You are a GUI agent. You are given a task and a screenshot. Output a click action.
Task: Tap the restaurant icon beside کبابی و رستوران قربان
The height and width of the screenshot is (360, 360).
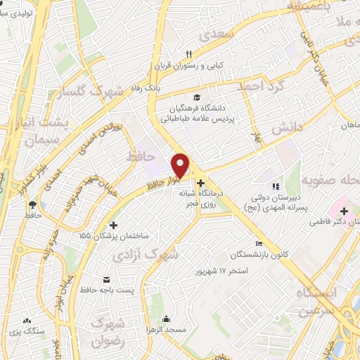(x=188, y=54)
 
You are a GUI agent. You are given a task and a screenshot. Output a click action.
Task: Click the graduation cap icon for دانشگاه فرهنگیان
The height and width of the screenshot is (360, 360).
(x=198, y=98)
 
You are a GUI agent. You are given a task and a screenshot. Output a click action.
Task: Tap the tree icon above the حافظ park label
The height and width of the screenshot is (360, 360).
(x=32, y=205)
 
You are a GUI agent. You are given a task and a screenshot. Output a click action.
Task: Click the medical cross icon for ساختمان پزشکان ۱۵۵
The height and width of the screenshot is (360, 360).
(x=114, y=225)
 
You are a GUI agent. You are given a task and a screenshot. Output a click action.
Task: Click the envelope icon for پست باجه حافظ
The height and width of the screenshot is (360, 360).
(x=106, y=279)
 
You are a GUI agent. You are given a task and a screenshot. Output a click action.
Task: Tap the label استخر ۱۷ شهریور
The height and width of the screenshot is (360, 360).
(x=220, y=270)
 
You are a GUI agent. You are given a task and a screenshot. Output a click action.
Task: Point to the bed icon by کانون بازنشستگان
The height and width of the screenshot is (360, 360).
(x=260, y=243)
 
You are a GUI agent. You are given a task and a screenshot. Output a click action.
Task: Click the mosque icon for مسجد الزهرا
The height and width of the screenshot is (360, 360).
(x=167, y=319)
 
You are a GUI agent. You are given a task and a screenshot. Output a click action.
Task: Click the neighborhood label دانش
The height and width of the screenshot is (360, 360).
(x=286, y=128)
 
